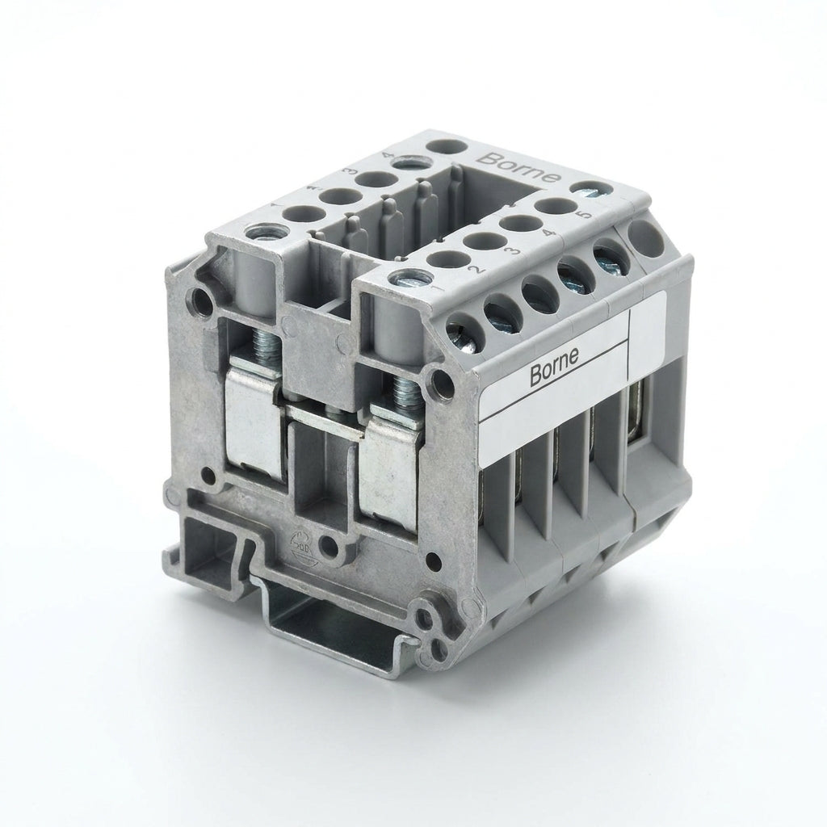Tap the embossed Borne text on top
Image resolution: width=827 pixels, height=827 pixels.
click(x=518, y=167)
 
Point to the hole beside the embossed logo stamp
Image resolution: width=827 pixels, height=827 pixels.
click(x=331, y=548)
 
